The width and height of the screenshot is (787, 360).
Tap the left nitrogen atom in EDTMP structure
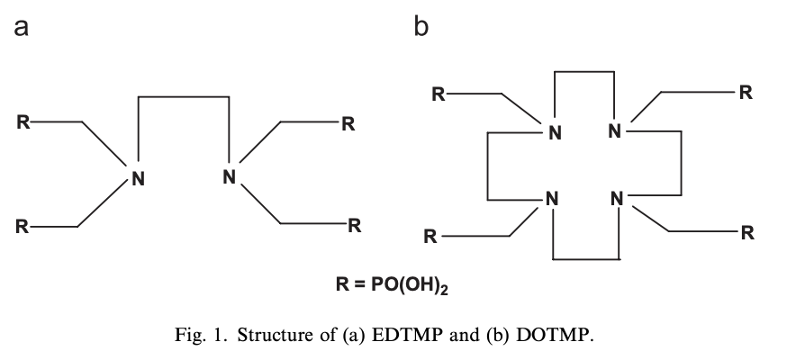click(137, 177)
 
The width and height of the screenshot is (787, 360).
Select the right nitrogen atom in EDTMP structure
click(229, 176)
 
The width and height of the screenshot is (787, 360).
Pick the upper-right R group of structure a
click(348, 123)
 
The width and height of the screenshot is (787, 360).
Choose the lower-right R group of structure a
click(355, 225)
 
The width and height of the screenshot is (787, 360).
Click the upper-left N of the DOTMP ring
click(555, 133)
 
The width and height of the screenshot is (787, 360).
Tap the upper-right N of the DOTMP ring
click(615, 131)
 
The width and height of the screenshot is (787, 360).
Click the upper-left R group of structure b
click(438, 94)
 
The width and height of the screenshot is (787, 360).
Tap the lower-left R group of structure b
click(430, 238)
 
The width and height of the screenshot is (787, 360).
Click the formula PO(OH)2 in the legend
click(417, 286)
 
